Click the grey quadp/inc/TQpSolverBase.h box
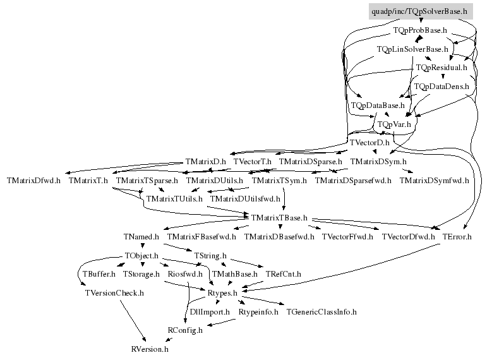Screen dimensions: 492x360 point(421,11)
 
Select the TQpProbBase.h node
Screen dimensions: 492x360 point(420,30)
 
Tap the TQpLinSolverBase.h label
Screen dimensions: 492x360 point(412,49)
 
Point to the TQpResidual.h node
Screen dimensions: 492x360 point(441,68)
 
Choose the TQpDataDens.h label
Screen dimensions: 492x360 point(441,87)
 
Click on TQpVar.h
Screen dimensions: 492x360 point(394,124)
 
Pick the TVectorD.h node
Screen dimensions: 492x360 point(369,143)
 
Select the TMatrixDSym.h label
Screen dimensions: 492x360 point(378,162)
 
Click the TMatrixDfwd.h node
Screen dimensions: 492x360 point(33,181)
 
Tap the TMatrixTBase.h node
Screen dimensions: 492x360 point(279,218)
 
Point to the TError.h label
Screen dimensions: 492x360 point(457,237)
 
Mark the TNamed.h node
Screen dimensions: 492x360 point(141,237)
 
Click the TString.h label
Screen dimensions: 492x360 point(210,256)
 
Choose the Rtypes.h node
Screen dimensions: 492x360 point(222,293)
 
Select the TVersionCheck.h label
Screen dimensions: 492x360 point(114,293)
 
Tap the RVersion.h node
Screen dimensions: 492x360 point(150,349)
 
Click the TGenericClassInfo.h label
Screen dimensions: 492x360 point(321,312)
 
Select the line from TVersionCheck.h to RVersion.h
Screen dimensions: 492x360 point(133,321)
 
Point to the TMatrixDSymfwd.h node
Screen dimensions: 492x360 point(434,181)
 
